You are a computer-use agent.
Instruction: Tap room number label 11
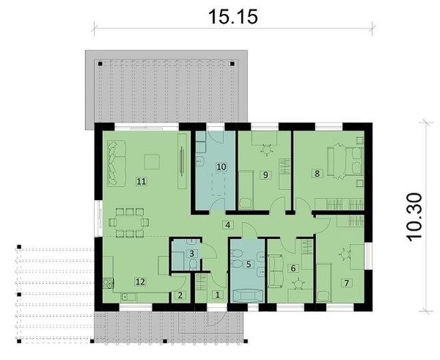click(x=141, y=181)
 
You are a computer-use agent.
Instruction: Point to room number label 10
click(x=222, y=166)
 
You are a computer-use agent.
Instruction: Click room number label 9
click(x=265, y=175)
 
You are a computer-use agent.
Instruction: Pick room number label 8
click(x=317, y=174)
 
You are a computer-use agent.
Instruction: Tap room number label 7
click(x=346, y=282)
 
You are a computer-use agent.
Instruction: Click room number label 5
click(x=249, y=264)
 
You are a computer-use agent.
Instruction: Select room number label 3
click(x=191, y=253)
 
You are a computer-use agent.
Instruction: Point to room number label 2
click(x=179, y=294)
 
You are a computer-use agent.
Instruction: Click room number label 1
click(x=217, y=294)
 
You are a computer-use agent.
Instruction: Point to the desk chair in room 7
click(x=345, y=254)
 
